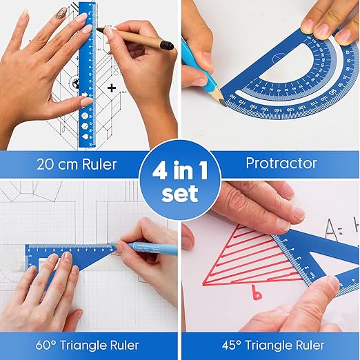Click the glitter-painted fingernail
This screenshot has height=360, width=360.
pyautogui.click(x=61, y=14)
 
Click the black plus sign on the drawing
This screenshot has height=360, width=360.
pyautogui.click(x=111, y=88)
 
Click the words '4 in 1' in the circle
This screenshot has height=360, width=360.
pyautogui.click(x=179, y=168)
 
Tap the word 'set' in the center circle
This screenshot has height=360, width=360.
pyautogui.click(x=179, y=194)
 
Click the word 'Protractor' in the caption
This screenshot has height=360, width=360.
pyautogui.click(x=282, y=163)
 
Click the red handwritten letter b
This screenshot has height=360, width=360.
pyautogui.click(x=257, y=294)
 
